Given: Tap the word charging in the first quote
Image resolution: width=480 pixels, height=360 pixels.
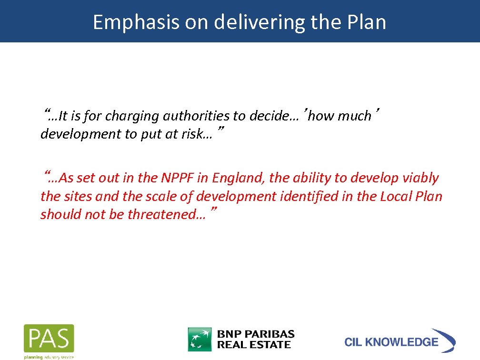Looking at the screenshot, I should tap(132, 116).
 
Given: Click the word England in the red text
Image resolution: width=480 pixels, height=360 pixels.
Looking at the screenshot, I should tap(238, 178).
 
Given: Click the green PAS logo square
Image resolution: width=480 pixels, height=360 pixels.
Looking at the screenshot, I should tap(49, 339).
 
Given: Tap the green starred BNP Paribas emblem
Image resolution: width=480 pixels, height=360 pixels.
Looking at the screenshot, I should tap(200, 339).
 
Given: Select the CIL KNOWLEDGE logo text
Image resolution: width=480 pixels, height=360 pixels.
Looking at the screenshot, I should tap(391, 342).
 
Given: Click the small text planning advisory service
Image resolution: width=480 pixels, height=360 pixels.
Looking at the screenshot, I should tap(49, 357).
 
